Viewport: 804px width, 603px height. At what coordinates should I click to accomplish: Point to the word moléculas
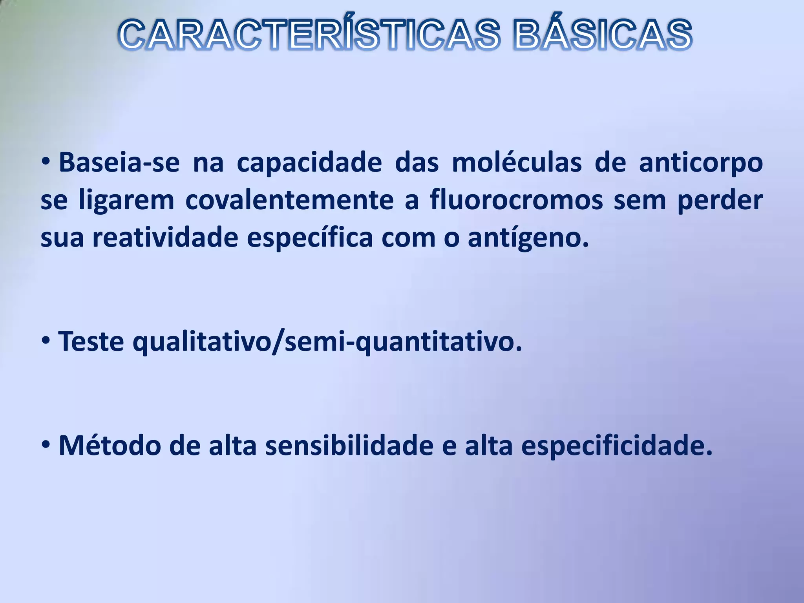pyautogui.click(x=517, y=163)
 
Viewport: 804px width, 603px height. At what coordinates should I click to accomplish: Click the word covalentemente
pyautogui.click(x=289, y=200)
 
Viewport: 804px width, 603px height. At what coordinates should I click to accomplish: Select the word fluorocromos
pyautogui.click(x=516, y=200)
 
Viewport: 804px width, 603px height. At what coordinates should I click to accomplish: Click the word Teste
pyautogui.click(x=91, y=342)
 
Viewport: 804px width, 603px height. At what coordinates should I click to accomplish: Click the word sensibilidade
pyautogui.click(x=349, y=446)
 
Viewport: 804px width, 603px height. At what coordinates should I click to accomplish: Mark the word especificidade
pyautogui.click(x=616, y=446)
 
